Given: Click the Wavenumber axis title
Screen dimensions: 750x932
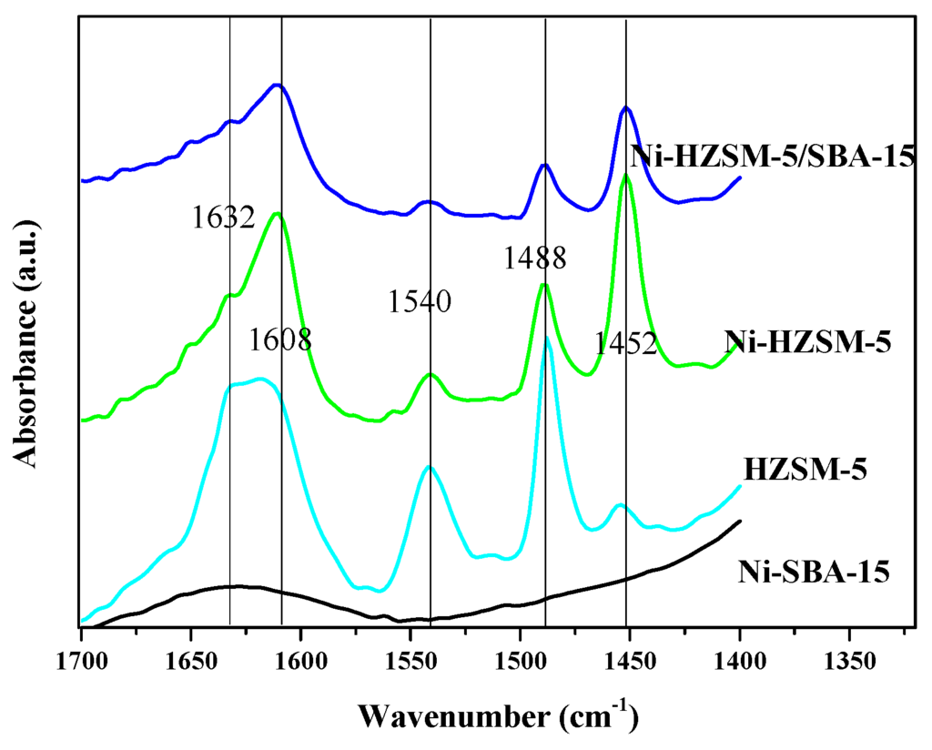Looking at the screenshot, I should pyautogui.click(x=496, y=715).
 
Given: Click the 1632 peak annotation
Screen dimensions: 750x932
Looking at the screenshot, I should pyautogui.click(x=223, y=218).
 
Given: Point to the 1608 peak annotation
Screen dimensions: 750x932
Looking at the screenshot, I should pyautogui.click(x=280, y=340).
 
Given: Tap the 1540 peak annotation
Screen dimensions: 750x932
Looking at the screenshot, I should pyautogui.click(x=420, y=301).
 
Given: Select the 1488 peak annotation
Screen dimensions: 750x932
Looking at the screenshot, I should pyautogui.click(x=535, y=258).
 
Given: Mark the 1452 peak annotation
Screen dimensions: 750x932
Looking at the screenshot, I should pyautogui.click(x=626, y=344).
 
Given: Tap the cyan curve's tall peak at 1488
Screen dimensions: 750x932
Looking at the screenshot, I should pyautogui.click(x=547, y=339).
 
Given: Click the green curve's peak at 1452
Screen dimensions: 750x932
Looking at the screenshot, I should pyautogui.click(x=626, y=177).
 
